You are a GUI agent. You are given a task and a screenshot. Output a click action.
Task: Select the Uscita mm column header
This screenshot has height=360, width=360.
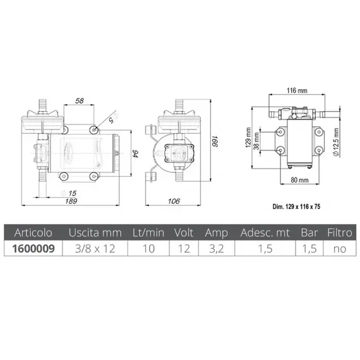[x=95, y=233]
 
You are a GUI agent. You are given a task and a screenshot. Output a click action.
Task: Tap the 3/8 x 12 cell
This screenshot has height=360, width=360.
[x=95, y=248]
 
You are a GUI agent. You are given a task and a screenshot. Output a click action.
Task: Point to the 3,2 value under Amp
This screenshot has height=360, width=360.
[x=217, y=248]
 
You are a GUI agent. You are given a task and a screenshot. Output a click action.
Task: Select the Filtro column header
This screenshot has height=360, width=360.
[x=340, y=233]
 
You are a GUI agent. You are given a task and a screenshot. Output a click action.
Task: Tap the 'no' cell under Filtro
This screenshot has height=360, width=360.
[x=340, y=248]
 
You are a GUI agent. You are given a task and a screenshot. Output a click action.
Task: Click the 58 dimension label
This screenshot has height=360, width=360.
[x=80, y=100]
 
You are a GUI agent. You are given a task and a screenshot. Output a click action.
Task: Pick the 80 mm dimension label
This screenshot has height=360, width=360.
[x=297, y=179]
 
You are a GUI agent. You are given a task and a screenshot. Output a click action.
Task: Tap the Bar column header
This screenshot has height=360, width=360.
[x=309, y=233]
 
